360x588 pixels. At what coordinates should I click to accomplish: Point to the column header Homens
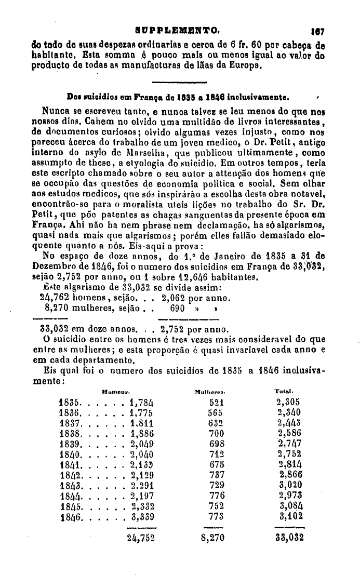(115, 391)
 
